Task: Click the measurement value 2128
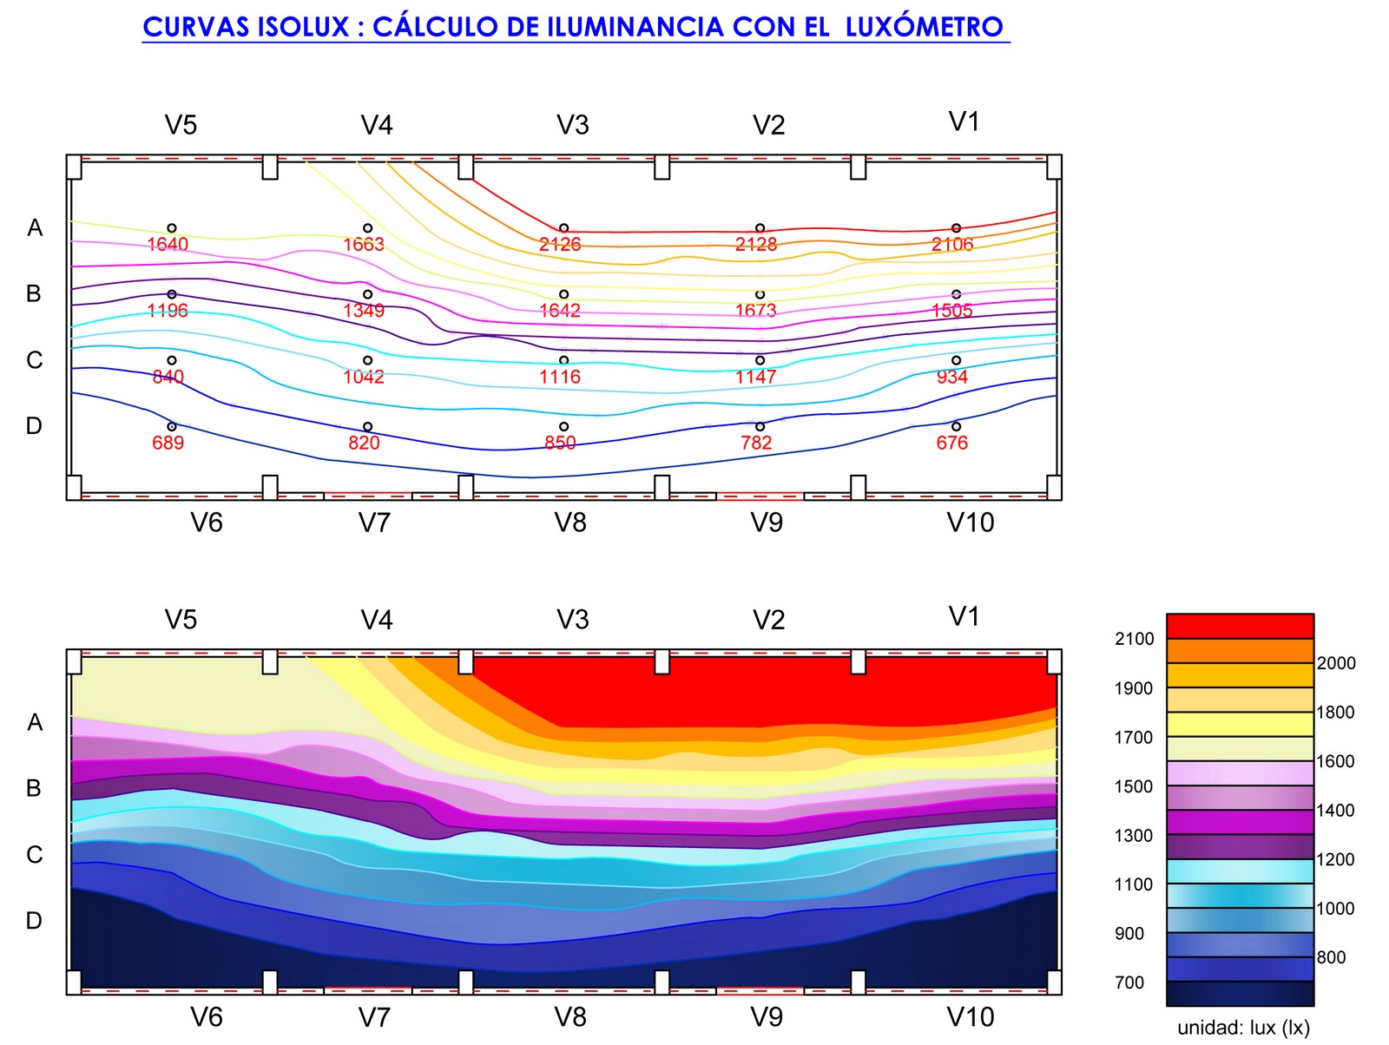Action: coord(755,245)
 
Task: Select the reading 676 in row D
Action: coord(951,443)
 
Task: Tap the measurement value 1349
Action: coord(363,311)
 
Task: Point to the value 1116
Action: coord(559,377)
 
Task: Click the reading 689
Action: coord(168,443)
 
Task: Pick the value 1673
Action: coord(755,311)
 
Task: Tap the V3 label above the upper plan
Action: coord(573,126)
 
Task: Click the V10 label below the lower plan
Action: coord(970,1016)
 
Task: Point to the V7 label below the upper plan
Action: coord(374,522)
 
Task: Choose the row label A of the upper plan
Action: coord(35,227)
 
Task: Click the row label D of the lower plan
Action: coord(34,920)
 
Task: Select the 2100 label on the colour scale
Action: coord(1134,639)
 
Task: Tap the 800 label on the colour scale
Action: coord(1331,957)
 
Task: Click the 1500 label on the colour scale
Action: coord(1134,786)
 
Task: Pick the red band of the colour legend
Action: coord(1239,626)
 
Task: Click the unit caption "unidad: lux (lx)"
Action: coord(1242,1028)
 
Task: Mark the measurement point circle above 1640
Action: coord(172,228)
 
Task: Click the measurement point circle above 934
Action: coord(956,360)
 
